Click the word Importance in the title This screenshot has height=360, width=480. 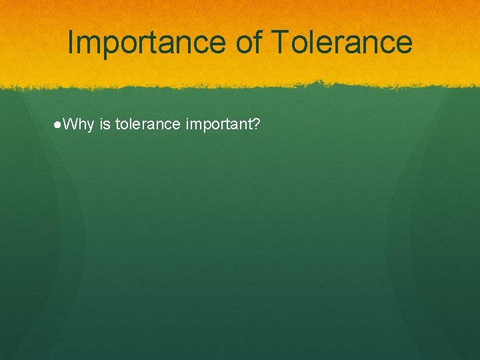tap(147, 43)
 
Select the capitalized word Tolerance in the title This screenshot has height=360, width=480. tap(342, 43)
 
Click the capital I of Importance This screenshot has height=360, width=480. tap(71, 43)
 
